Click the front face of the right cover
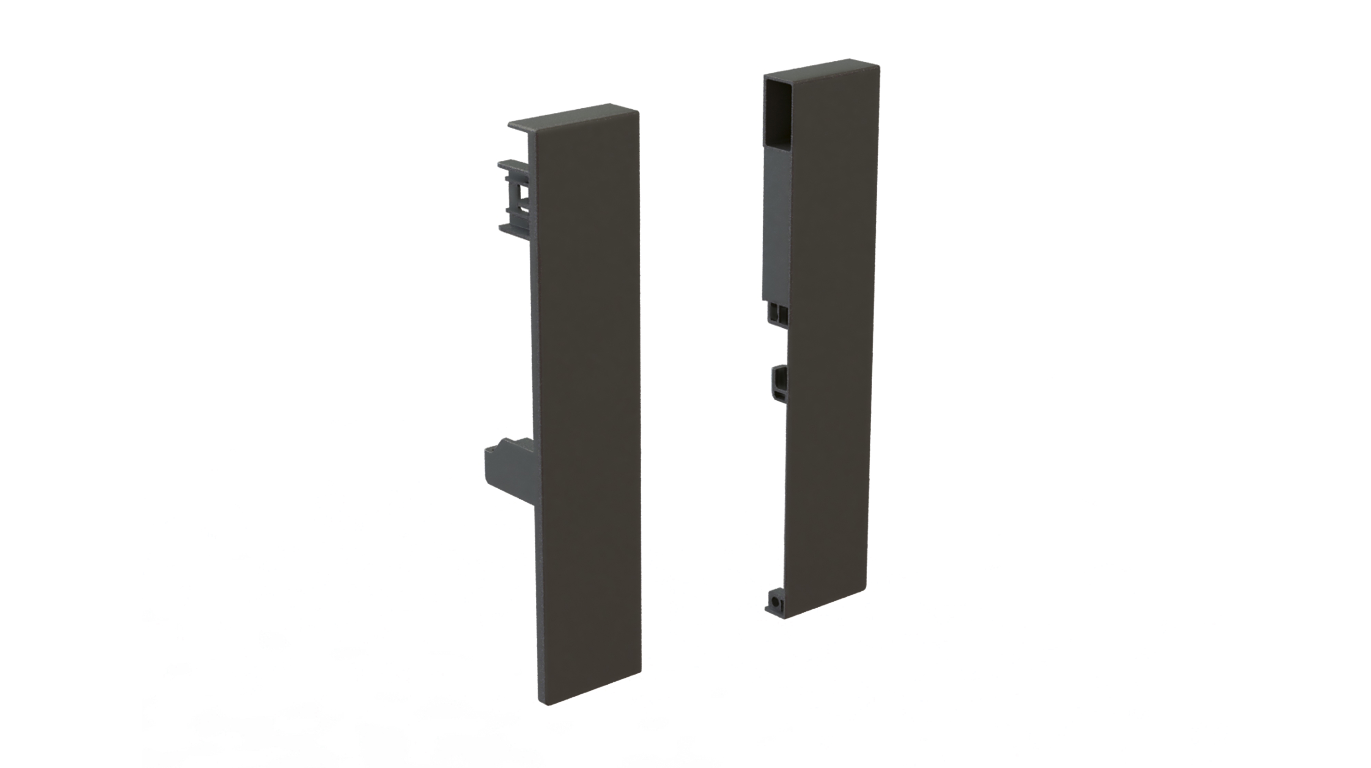[x=830, y=341]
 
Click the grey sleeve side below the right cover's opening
[x=777, y=223]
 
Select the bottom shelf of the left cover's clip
[x=513, y=229]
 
